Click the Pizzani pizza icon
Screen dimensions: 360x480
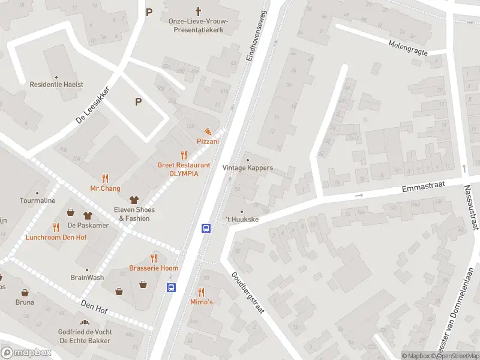[x=208, y=131]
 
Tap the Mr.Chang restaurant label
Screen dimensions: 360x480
[x=105, y=188]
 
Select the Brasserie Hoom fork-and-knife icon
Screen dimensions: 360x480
[x=154, y=257]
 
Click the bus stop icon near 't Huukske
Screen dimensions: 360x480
[x=206, y=228]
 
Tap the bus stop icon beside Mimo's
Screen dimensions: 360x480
[x=171, y=287]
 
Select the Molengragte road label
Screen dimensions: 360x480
[x=408, y=48]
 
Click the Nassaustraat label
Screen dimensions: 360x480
[x=471, y=207]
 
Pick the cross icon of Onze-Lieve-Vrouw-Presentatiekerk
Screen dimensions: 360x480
[x=199, y=11]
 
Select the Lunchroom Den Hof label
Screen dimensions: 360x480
[x=56, y=237]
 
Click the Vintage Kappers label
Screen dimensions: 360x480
[x=247, y=168]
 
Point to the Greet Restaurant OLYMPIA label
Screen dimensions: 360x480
[x=184, y=169]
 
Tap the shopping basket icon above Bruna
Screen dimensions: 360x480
[x=25, y=293]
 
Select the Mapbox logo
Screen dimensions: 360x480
[x=26, y=353]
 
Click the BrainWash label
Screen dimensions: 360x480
[x=87, y=278]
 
